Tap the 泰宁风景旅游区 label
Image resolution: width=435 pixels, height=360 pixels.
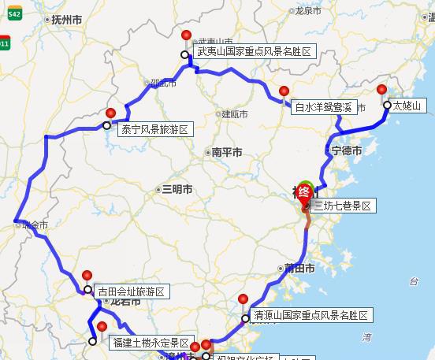155,128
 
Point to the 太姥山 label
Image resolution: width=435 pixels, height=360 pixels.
407,106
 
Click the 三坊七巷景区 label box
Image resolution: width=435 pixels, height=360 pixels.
343,206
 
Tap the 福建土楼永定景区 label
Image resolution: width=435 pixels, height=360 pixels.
151,343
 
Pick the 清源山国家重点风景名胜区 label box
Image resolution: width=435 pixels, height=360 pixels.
310,316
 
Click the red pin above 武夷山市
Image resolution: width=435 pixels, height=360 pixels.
187,35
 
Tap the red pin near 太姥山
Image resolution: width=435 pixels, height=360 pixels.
383,90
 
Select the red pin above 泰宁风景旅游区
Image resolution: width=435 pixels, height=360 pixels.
111,113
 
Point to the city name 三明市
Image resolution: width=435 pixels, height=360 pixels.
177,189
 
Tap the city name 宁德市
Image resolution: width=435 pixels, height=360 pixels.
348,150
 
